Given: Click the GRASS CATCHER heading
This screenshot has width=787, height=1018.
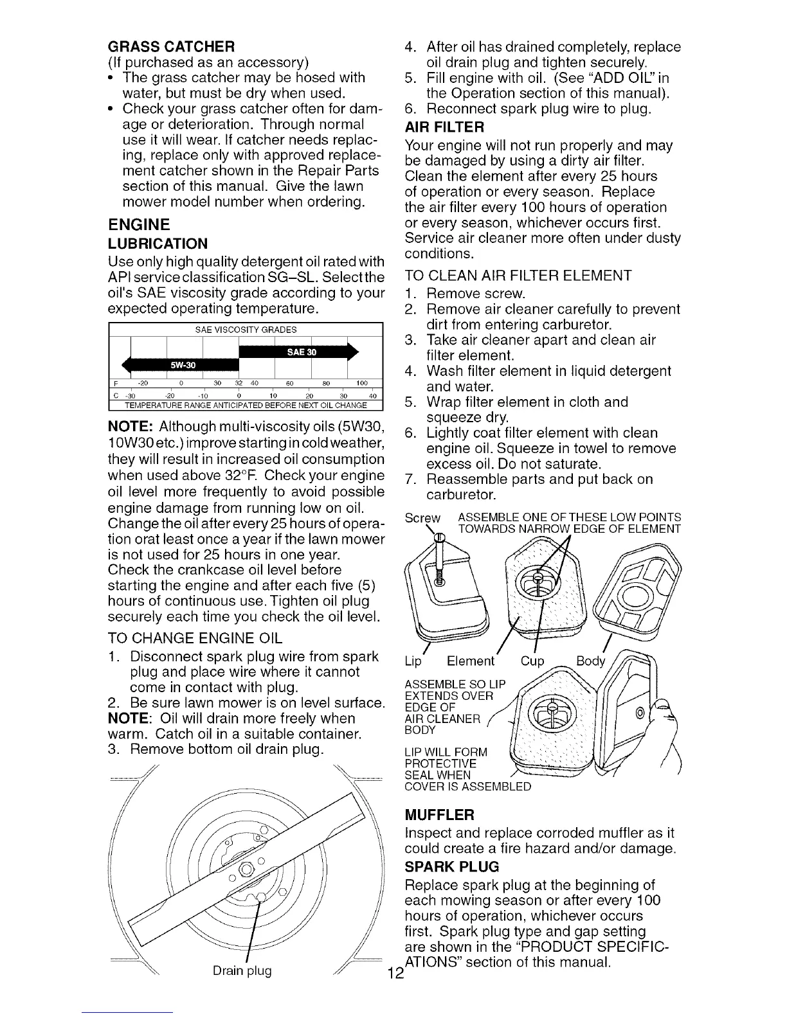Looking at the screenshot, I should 171,47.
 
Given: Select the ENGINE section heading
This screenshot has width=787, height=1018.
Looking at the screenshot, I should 139,224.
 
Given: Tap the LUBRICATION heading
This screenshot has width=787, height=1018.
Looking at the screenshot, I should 158,244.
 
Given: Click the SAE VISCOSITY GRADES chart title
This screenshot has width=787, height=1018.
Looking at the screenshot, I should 246,330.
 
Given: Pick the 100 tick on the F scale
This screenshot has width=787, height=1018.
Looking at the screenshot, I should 362,384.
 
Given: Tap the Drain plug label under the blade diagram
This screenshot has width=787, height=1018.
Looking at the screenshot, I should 242,970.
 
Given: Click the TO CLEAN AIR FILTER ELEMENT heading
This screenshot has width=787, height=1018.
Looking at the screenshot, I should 518,276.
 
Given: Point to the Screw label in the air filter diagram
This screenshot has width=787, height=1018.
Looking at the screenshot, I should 422,518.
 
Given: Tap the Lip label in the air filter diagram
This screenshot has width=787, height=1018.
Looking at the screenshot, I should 413,661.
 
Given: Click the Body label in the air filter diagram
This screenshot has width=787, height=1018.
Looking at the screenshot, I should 590,661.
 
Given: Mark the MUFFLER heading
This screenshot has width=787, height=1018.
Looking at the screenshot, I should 440,815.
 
